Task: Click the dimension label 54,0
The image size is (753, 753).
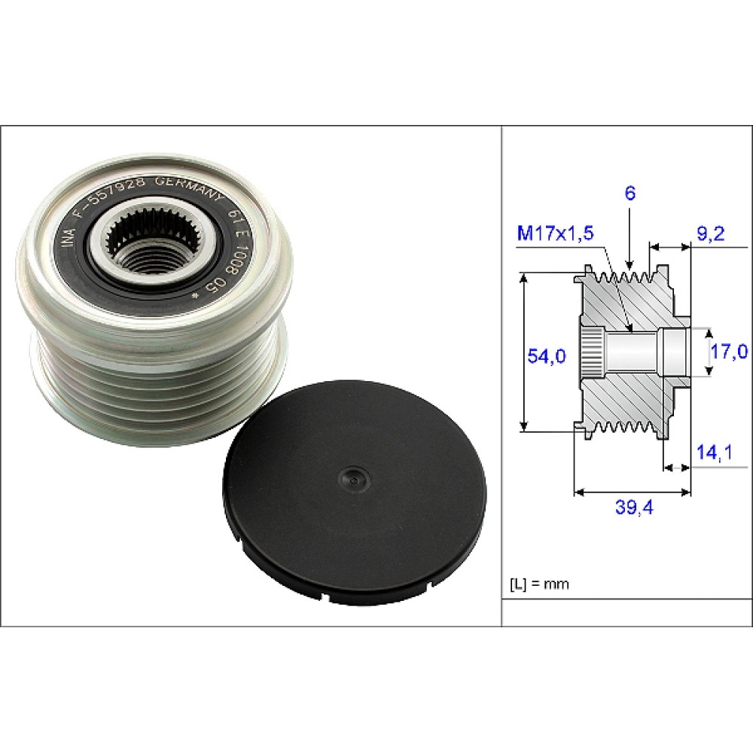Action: point(547,356)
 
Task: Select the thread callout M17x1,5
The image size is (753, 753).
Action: point(555,233)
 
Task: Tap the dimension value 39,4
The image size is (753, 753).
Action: point(634,507)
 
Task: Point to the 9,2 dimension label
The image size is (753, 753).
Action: point(710,234)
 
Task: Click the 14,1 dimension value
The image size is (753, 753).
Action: point(714,452)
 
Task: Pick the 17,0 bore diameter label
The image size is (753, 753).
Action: point(729,352)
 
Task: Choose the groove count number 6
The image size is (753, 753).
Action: point(630,193)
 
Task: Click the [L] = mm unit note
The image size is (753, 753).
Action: point(539,584)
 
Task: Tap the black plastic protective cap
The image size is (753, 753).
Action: point(355,492)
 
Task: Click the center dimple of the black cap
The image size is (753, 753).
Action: point(353,478)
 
